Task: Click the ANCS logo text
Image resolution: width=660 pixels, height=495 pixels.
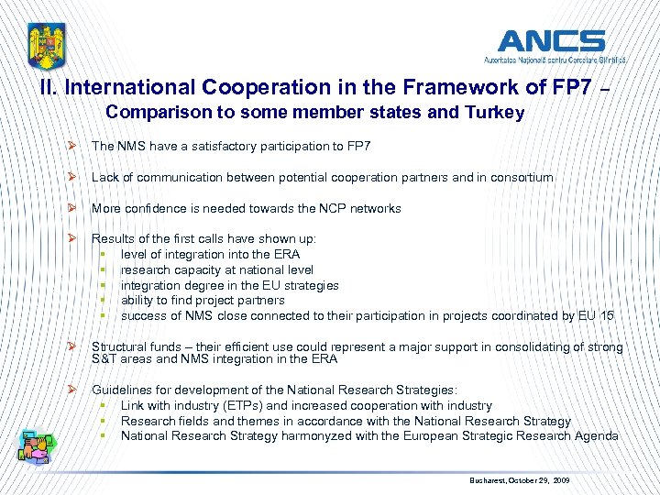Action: tap(551, 40)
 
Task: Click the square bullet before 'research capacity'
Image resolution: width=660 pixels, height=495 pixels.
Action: tap(104, 269)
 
